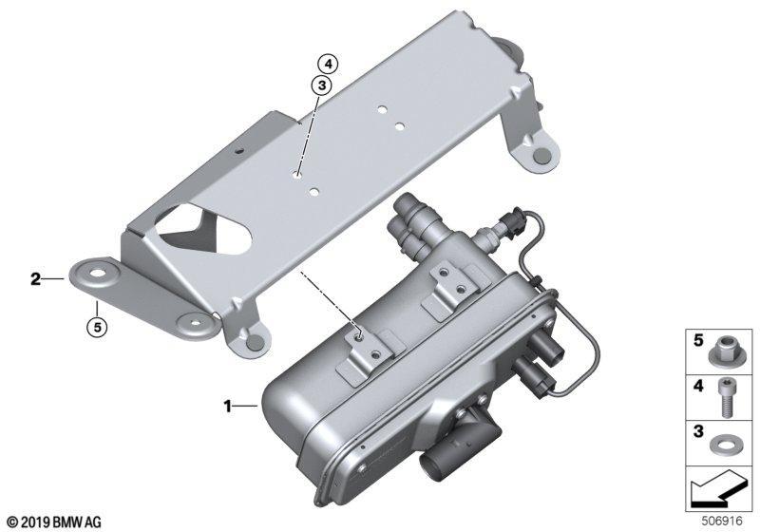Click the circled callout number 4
click(328, 64)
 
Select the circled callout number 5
click(98, 328)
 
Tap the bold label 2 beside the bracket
click(35, 279)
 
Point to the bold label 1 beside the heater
click(227, 406)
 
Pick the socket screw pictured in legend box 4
click(725, 397)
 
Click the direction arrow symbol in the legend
click(716, 489)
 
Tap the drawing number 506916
click(722, 522)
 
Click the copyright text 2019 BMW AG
click(54, 522)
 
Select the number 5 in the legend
click(698, 340)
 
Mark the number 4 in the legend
click(698, 386)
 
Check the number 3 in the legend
click(698, 431)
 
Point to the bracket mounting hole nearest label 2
click(98, 273)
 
